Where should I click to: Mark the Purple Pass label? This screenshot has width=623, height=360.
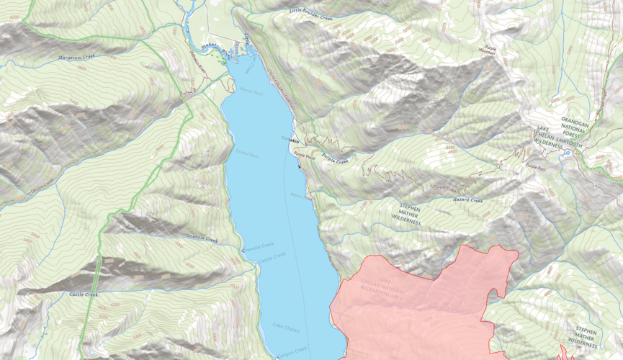pyautogui.click(x=534, y=166)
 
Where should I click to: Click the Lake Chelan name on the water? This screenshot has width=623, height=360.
pyautogui.click(x=286, y=328)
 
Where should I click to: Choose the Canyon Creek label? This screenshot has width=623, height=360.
pyautogui.click(x=292, y=351)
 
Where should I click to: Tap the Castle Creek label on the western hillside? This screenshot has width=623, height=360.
pyautogui.click(x=84, y=294)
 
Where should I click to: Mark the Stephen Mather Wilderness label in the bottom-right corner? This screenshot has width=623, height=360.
pyautogui.click(x=586, y=336)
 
